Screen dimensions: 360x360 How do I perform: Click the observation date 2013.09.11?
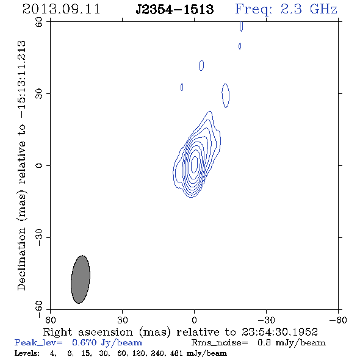click(x=61, y=9)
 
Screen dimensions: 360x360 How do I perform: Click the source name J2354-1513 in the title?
click(x=175, y=10)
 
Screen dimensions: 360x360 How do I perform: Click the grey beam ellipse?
click(x=81, y=279)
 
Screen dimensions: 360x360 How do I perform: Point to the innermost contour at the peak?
click(x=195, y=164)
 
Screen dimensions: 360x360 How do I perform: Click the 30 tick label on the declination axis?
click(x=39, y=94)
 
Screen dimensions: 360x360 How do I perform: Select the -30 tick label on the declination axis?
click(x=39, y=237)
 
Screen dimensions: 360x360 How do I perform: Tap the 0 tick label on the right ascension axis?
click(x=194, y=320)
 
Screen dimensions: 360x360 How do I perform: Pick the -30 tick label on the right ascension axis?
click(x=266, y=320)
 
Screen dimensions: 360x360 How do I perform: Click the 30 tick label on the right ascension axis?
click(x=122, y=320)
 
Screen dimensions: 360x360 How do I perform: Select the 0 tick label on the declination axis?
click(x=39, y=165)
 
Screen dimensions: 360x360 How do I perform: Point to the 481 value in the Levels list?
click(x=176, y=353)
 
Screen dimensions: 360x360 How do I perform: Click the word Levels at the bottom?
click(x=27, y=353)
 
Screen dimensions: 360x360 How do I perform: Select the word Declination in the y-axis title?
click(x=21, y=259)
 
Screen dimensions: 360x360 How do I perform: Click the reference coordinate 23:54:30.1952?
click(x=279, y=332)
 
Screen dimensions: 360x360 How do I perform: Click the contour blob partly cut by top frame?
click(x=241, y=26)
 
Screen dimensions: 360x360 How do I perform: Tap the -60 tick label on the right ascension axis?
click(x=338, y=320)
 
